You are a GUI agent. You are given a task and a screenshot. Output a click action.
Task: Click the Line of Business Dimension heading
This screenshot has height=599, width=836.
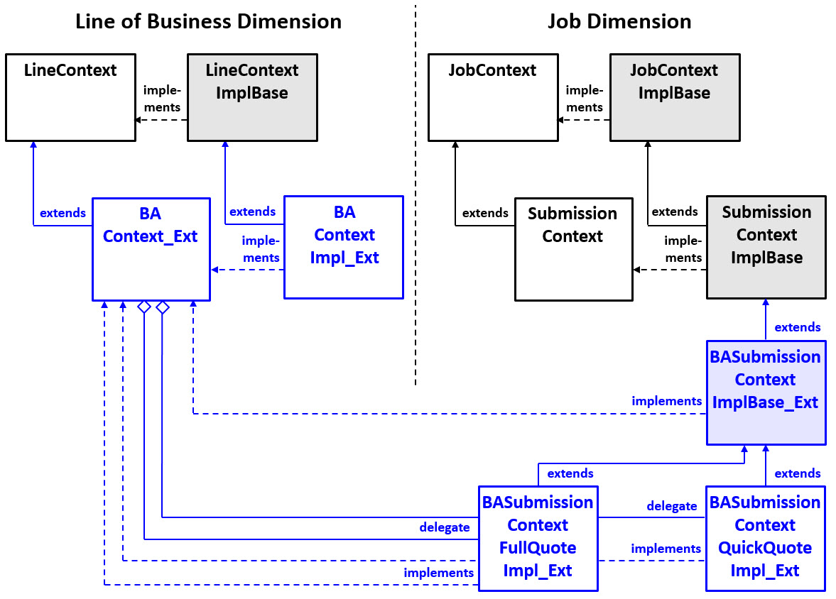click(208, 21)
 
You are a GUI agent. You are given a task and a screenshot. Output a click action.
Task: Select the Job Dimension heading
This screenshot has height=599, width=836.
click(619, 21)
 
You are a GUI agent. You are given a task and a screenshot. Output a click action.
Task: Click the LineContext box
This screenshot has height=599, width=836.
click(70, 97)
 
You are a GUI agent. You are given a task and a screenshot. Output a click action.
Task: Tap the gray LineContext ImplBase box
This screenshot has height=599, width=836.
click(252, 97)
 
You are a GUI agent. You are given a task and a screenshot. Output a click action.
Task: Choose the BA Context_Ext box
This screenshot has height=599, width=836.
click(151, 249)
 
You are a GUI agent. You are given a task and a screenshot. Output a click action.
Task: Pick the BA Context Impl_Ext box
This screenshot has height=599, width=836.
click(344, 247)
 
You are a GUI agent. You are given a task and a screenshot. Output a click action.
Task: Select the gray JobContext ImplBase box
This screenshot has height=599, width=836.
click(674, 97)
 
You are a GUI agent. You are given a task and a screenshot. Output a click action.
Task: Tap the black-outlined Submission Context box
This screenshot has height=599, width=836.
click(572, 249)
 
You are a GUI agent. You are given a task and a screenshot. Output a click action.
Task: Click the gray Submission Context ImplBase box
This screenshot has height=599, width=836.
click(766, 246)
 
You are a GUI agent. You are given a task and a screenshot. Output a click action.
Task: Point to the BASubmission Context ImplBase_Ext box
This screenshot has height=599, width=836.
click(766, 392)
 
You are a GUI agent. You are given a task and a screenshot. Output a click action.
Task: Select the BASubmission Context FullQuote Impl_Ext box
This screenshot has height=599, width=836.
click(538, 537)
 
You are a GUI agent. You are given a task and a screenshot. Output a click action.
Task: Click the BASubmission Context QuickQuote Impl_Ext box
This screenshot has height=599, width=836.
click(765, 537)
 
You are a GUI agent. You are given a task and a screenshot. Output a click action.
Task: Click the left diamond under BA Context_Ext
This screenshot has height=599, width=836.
click(144, 307)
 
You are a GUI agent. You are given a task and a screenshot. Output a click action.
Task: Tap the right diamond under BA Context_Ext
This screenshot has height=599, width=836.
click(163, 307)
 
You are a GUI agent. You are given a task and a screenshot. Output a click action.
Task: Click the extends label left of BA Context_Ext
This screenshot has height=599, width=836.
click(63, 213)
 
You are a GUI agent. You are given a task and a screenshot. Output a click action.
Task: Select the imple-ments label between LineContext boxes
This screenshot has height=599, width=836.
click(162, 99)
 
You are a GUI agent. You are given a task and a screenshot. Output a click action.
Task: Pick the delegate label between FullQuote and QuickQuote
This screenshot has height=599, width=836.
click(671, 506)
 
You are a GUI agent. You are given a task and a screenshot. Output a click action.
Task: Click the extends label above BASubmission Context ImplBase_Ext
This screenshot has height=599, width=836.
click(797, 327)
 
